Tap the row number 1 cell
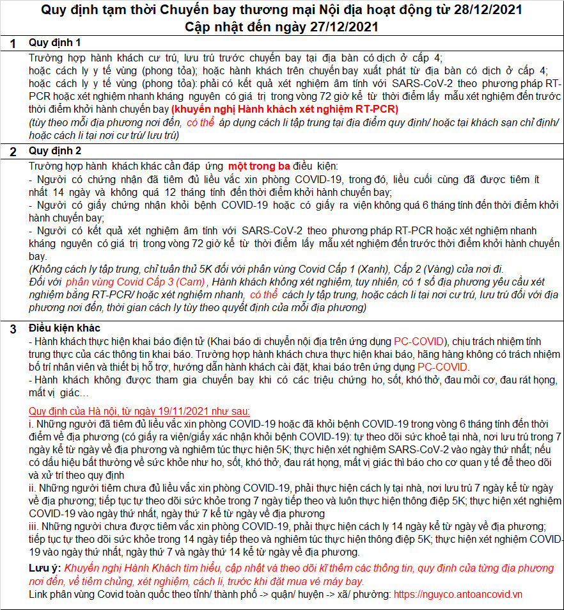point(12,44)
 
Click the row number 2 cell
point(12,152)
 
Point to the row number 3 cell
point(12,329)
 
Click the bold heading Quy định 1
point(55,43)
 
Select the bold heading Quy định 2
point(55,152)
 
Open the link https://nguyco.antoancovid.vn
point(458,595)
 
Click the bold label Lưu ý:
point(45,568)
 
